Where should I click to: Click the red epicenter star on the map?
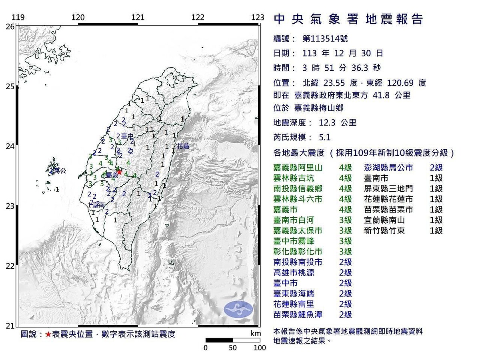pos(119,172)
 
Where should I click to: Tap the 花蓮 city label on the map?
pos(183,146)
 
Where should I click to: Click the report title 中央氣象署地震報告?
pos(348,19)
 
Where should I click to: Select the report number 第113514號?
pos(325,39)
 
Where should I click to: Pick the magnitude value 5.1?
pos(325,137)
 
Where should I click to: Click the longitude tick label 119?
pos(18,17)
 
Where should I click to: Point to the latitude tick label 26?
pos(10,27)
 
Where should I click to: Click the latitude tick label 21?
pos(10,326)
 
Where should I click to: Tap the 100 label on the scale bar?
pos(260,348)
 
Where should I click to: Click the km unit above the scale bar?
pos(255,334)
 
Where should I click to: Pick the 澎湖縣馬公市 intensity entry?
pos(388,168)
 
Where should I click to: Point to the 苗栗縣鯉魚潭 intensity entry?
pos(298,314)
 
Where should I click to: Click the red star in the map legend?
pos(48,334)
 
